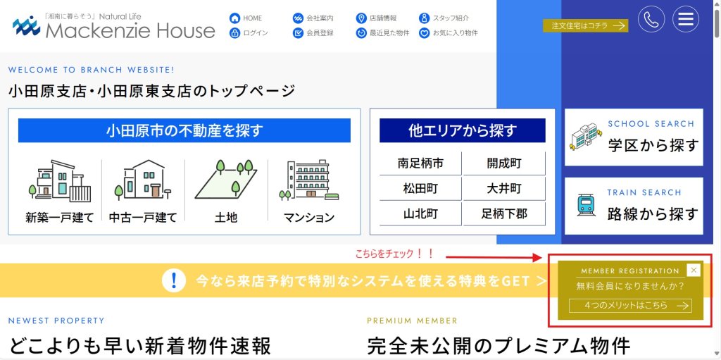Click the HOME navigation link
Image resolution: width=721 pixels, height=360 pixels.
click(x=246, y=18)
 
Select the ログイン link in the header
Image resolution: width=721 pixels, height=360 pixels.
click(x=249, y=33)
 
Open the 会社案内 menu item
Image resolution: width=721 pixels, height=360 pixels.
click(x=313, y=18)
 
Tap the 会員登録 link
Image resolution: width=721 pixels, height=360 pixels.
click(x=313, y=33)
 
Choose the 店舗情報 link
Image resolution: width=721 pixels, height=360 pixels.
click(x=377, y=18)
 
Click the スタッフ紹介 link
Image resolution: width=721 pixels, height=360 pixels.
click(x=444, y=18)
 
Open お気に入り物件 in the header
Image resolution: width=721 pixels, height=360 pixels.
click(x=449, y=33)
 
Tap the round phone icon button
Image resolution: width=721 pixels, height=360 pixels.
click(x=651, y=19)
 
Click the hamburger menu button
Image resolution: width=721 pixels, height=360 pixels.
click(x=686, y=19)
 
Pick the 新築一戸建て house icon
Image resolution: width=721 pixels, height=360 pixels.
click(x=60, y=181)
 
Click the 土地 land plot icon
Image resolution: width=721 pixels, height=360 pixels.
click(x=226, y=180)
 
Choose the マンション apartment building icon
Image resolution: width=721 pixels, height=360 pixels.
click(x=309, y=180)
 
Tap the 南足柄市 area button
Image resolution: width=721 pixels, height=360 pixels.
click(x=420, y=163)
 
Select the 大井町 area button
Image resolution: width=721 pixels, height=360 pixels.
click(x=504, y=189)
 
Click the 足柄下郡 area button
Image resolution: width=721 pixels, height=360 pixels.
click(x=504, y=214)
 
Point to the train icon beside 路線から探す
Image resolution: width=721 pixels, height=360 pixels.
click(x=587, y=205)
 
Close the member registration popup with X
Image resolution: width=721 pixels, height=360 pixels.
click(x=694, y=271)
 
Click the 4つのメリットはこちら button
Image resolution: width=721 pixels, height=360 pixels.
click(x=630, y=306)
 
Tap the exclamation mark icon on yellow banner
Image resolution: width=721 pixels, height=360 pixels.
click(x=174, y=280)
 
